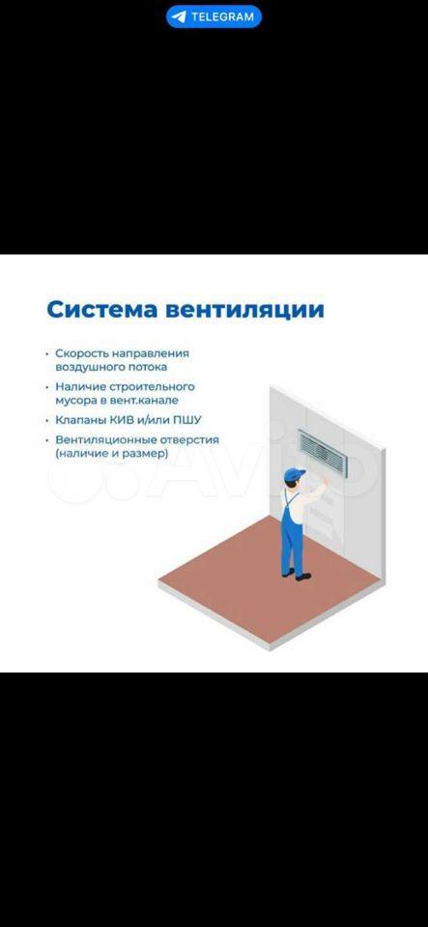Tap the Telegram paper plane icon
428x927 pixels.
tap(178, 17)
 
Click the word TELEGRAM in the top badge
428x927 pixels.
tap(222, 17)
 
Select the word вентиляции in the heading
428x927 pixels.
tap(244, 310)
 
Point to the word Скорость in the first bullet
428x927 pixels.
tap(80, 353)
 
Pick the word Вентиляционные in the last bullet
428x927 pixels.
tap(98, 440)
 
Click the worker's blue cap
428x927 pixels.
tap(295, 474)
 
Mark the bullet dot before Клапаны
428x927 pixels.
tap(47, 421)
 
